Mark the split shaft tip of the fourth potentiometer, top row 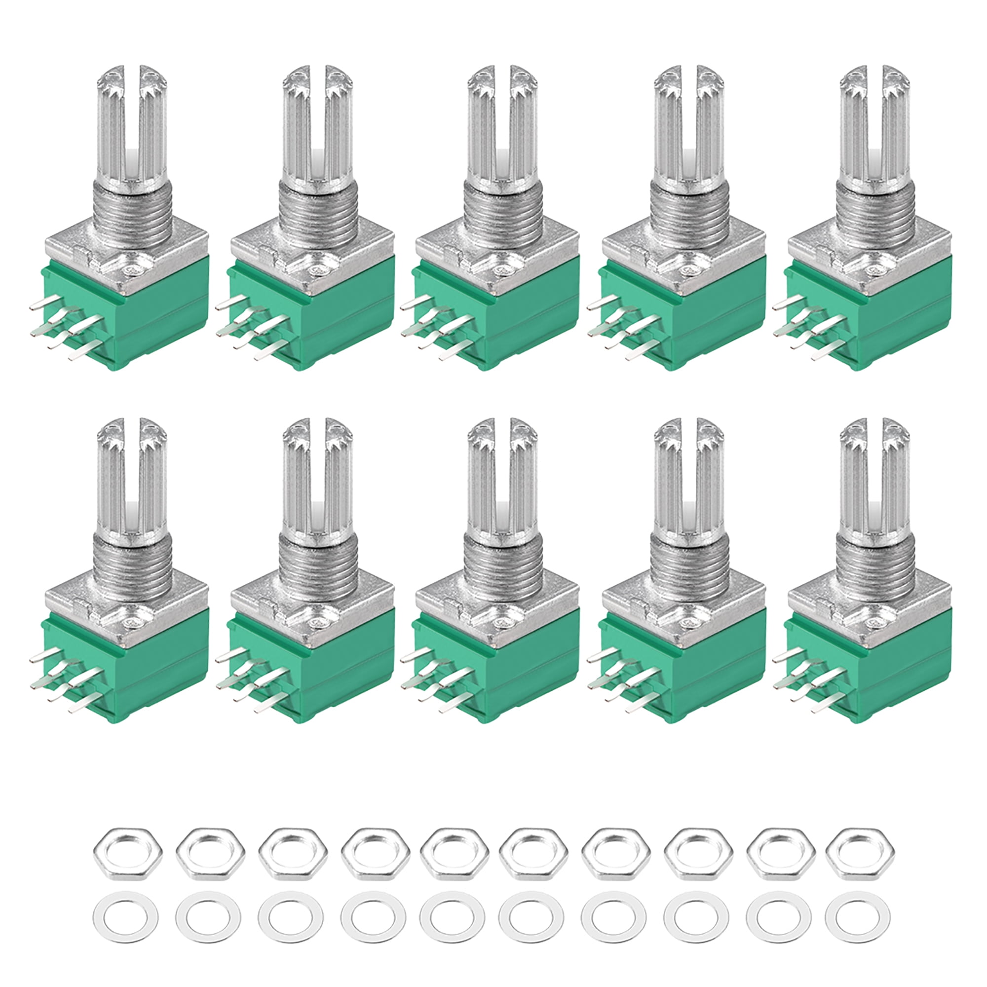click(x=690, y=76)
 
